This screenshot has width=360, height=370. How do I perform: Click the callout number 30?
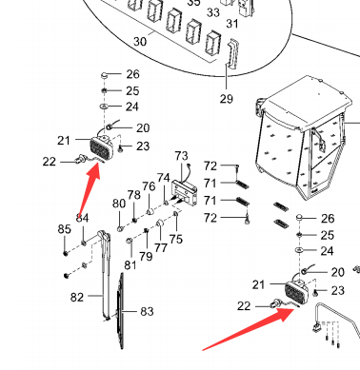coord(140,41)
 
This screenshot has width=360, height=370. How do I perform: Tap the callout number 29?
coord(227,99)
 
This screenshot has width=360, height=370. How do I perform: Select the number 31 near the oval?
coord(232,24)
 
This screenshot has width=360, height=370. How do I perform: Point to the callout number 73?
coord(181,156)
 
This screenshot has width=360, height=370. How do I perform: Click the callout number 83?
coord(147,311)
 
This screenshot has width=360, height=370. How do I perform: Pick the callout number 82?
coord(77,298)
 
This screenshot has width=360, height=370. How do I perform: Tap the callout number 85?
coord(65,229)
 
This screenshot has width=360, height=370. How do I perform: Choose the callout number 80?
coord(119,204)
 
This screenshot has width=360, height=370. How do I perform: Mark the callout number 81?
coord(130,265)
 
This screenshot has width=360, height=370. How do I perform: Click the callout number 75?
coord(176,239)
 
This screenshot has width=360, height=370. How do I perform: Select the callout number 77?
coord(161,247)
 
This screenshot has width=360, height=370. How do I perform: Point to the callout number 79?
coord(146,256)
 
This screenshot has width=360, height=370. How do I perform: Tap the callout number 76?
coord(149,186)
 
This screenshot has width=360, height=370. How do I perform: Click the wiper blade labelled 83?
coord(121,311)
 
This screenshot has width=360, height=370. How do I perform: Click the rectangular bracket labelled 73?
coord(185,192)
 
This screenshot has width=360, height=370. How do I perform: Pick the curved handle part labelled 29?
coord(232,53)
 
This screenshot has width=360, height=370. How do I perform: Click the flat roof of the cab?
coord(307,101)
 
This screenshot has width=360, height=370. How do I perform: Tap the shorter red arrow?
coord(90,190)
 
